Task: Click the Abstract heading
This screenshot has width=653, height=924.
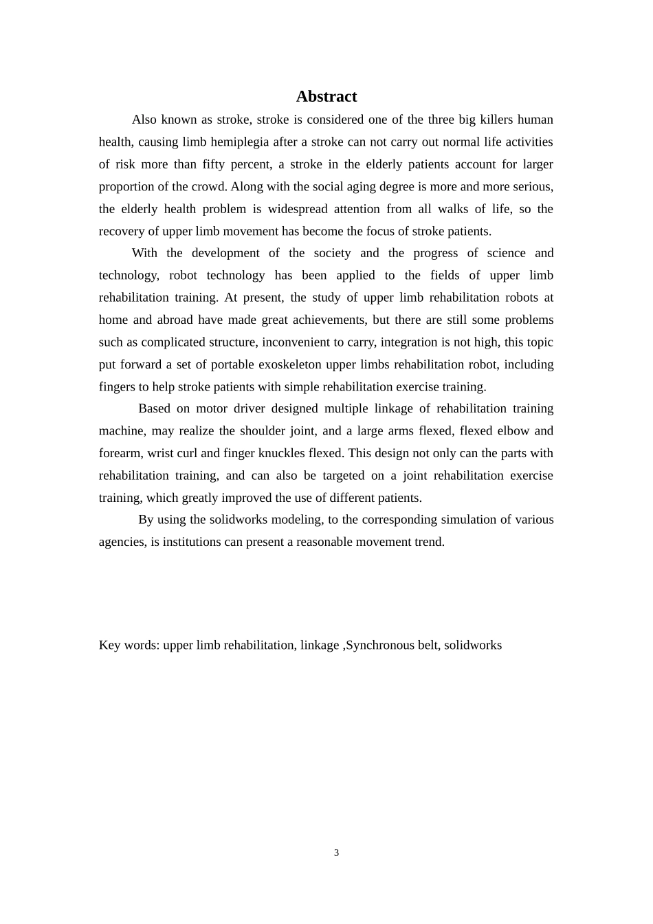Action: coord(326,96)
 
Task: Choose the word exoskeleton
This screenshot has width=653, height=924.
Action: coord(289,364)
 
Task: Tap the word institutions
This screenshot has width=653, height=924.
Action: coord(192,542)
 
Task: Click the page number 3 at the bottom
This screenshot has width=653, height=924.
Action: coord(337,852)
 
